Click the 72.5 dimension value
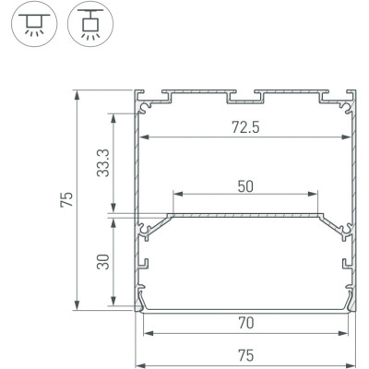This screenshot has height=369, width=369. tap(246, 128)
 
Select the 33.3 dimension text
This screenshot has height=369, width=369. tap(103, 162)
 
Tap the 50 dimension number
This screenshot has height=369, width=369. tap(245, 185)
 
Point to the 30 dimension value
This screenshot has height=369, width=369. tap(103, 265)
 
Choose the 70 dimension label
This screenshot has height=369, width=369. tap(246, 323)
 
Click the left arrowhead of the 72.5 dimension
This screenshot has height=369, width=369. tap(143, 138)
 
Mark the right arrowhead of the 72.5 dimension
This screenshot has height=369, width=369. tap(350, 138)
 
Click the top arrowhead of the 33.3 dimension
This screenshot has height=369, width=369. tap(113, 116)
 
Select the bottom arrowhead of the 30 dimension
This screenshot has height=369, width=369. tap(113, 304)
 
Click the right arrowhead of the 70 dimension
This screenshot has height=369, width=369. tap(348, 333)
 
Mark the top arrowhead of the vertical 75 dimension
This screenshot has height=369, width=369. tap(77, 94)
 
